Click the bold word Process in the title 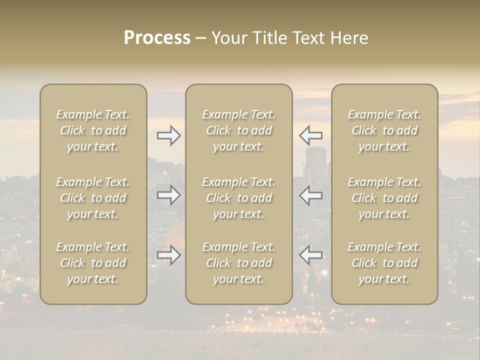tap(157, 38)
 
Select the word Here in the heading tap(349, 38)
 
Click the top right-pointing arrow tap(169, 135)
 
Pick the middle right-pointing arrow tap(169, 195)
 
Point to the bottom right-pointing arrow tap(169, 255)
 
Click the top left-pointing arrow tap(310, 135)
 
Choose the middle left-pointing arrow tap(310, 195)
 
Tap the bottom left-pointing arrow tap(310, 255)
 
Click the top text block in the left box tap(93, 130)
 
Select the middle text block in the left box tap(93, 198)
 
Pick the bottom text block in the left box tap(93, 263)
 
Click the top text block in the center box tap(239, 130)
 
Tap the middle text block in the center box tap(239, 198)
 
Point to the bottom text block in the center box tap(239, 263)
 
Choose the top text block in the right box tap(384, 130)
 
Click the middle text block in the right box tap(384, 198)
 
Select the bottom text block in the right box tap(384, 263)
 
